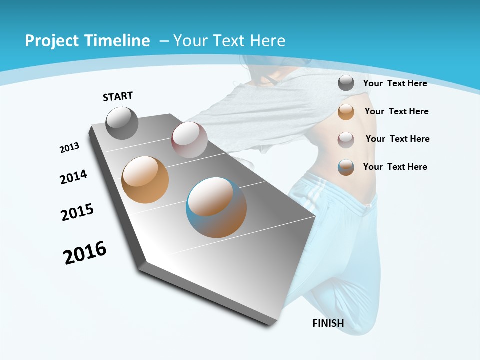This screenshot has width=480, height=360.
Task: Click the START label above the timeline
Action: click(118, 96)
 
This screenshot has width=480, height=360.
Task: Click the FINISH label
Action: click(328, 323)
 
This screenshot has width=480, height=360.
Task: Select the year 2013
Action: click(70, 148)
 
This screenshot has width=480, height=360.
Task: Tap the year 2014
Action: click(74, 177)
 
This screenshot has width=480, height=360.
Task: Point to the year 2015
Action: click(77, 212)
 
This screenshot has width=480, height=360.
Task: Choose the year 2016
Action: click(85, 253)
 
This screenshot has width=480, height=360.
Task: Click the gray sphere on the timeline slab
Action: click(122, 123)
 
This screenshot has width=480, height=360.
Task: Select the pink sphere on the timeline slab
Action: click(189, 140)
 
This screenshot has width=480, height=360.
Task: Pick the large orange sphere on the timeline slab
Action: click(145, 180)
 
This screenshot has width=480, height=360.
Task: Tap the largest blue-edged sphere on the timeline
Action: click(216, 207)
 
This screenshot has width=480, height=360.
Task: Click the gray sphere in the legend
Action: click(346, 83)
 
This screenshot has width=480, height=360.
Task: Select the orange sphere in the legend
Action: click(346, 112)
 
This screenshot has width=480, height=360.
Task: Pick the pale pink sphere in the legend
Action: click(346, 139)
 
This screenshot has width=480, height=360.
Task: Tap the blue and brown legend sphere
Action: click(346, 167)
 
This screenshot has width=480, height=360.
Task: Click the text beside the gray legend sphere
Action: click(395, 83)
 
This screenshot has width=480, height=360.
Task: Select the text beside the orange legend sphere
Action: click(396, 111)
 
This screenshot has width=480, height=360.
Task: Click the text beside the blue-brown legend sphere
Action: click(395, 167)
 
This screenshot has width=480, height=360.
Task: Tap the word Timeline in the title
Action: click(119, 41)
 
